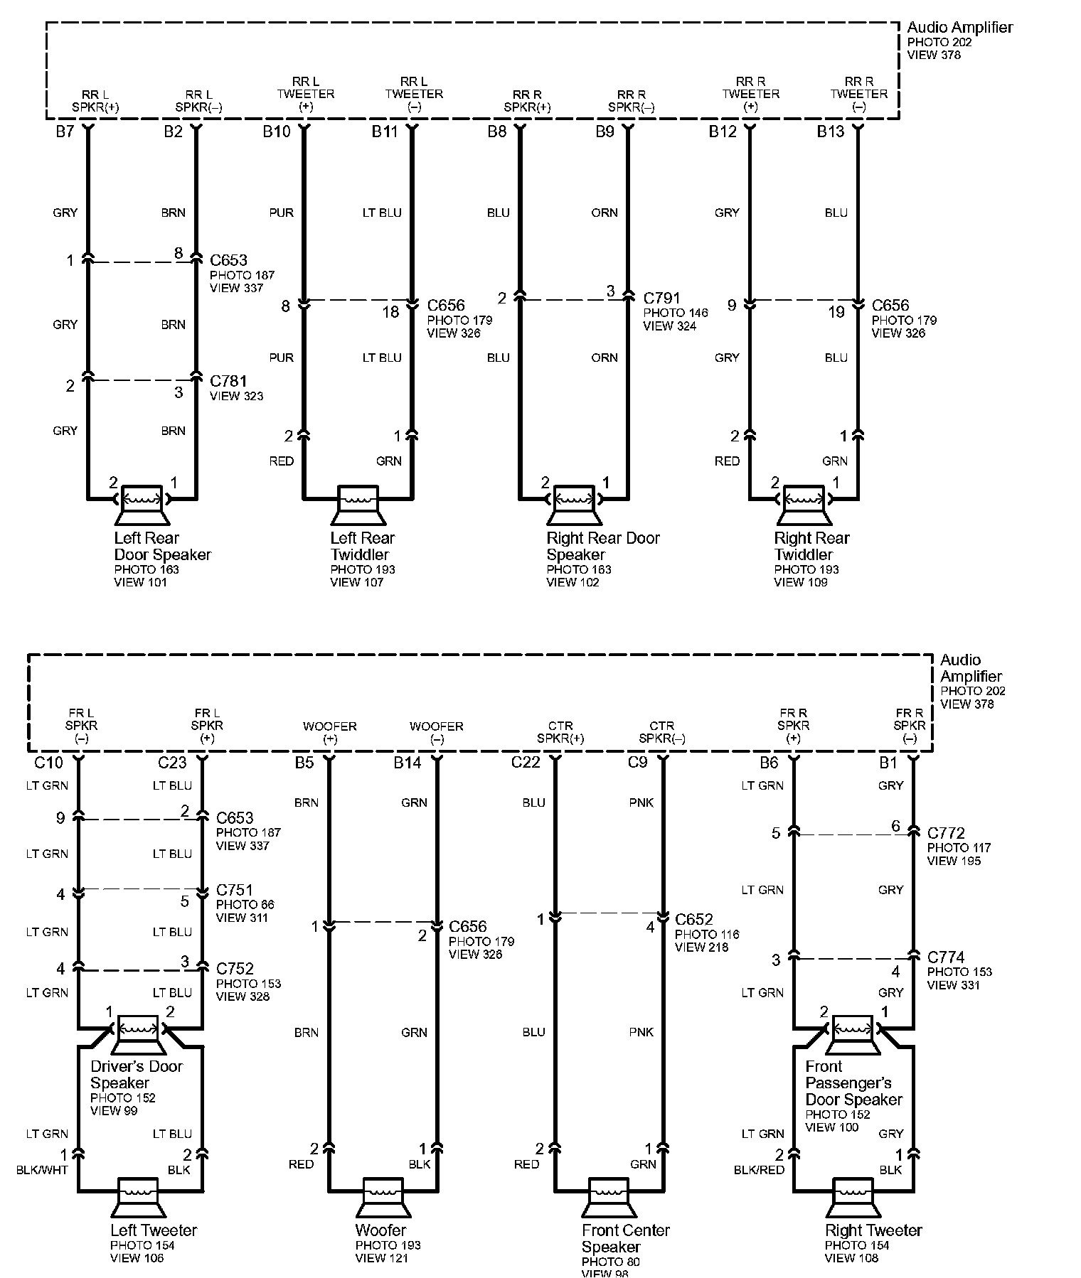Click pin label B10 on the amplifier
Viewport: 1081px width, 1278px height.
[277, 131]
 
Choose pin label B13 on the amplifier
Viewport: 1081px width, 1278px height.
[830, 131]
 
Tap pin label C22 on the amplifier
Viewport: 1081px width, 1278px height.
[526, 763]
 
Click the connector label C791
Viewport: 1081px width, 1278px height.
[661, 299]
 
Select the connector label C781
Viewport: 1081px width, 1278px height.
[228, 382]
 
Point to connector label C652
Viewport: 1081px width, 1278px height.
[693, 920]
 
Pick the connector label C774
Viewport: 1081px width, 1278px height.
[946, 957]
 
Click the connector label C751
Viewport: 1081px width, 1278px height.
[235, 890]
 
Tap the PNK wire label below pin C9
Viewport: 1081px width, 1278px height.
[641, 802]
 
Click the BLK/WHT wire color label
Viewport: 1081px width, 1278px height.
[42, 1170]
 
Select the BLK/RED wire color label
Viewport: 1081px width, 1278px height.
[759, 1170]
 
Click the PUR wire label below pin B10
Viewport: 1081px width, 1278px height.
[281, 213]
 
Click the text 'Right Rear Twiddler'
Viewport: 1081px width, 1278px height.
[811, 546]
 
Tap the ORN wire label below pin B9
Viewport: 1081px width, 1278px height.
[605, 213]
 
